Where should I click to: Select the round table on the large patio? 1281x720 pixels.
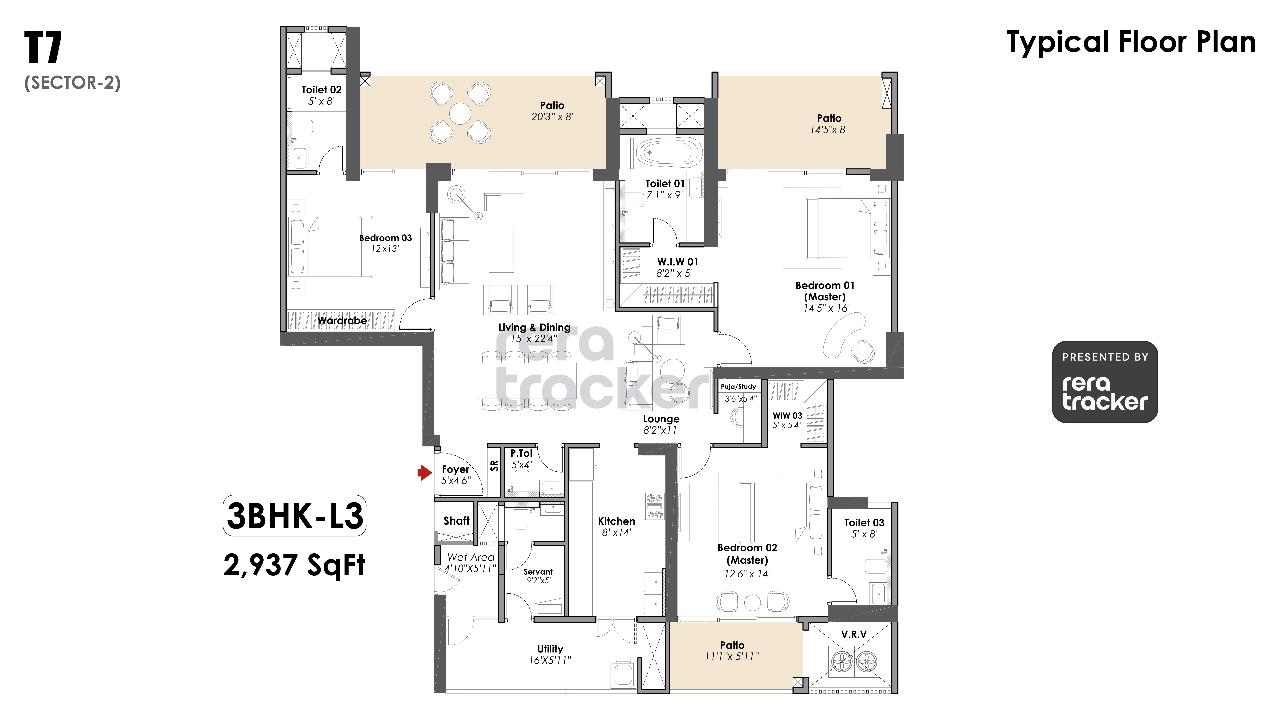coord(460,114)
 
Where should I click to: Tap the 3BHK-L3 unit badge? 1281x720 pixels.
coord(294,516)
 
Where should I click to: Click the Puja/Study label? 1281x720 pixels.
coord(738,387)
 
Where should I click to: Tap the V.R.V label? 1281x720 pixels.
coord(854,635)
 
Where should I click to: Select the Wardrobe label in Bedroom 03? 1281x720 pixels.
coord(342,320)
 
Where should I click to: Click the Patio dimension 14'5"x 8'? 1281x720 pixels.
coord(829,130)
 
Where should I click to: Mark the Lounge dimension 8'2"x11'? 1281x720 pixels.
coord(661,430)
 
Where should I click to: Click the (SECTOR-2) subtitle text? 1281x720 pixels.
coord(73,83)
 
